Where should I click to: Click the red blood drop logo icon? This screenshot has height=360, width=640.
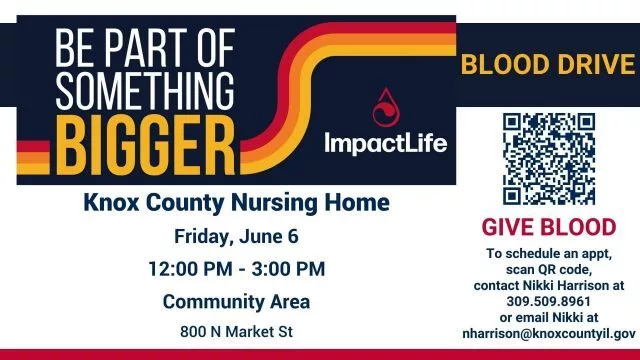tap(384, 107)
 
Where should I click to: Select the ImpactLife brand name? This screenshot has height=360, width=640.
tap(385, 142)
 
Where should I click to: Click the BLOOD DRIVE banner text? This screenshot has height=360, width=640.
tap(548, 66)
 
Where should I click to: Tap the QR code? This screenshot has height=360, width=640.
tap(547, 158)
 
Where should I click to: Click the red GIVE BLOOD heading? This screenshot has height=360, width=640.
tap(547, 228)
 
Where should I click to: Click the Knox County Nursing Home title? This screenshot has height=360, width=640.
tap(236, 203)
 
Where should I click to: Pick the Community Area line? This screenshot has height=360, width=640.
tap(236, 301)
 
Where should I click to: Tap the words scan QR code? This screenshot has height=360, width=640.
tap(547, 270)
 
